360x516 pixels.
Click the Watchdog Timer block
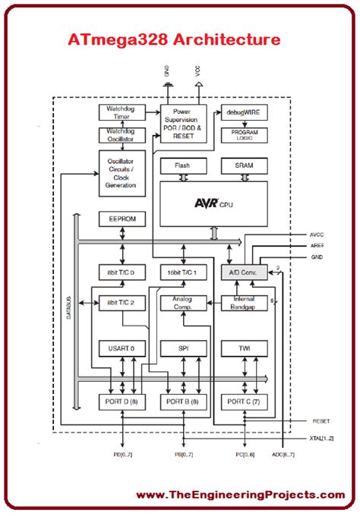[x=122, y=112]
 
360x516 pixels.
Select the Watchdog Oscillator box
[x=122, y=135]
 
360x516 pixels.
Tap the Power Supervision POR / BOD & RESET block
[x=184, y=124]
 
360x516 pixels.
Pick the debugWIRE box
[x=244, y=112]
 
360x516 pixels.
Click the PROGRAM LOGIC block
[x=244, y=135]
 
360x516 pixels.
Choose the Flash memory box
[x=184, y=166]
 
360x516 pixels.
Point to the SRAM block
[x=244, y=166]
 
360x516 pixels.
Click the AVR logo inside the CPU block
[x=206, y=203]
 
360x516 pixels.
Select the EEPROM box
[x=122, y=219]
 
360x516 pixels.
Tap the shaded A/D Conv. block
[x=244, y=272]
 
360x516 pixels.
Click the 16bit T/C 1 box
[x=184, y=272]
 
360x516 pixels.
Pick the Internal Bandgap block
[x=244, y=303]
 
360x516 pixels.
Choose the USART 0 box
[x=122, y=348]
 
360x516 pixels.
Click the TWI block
[x=244, y=348]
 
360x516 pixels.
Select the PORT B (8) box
[x=184, y=402]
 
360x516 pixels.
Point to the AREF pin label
[x=317, y=246]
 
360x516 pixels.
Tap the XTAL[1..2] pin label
[x=321, y=439]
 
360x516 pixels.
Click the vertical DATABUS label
[x=69, y=307]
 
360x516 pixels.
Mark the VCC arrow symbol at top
[x=199, y=84]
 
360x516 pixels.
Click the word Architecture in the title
[x=227, y=39]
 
